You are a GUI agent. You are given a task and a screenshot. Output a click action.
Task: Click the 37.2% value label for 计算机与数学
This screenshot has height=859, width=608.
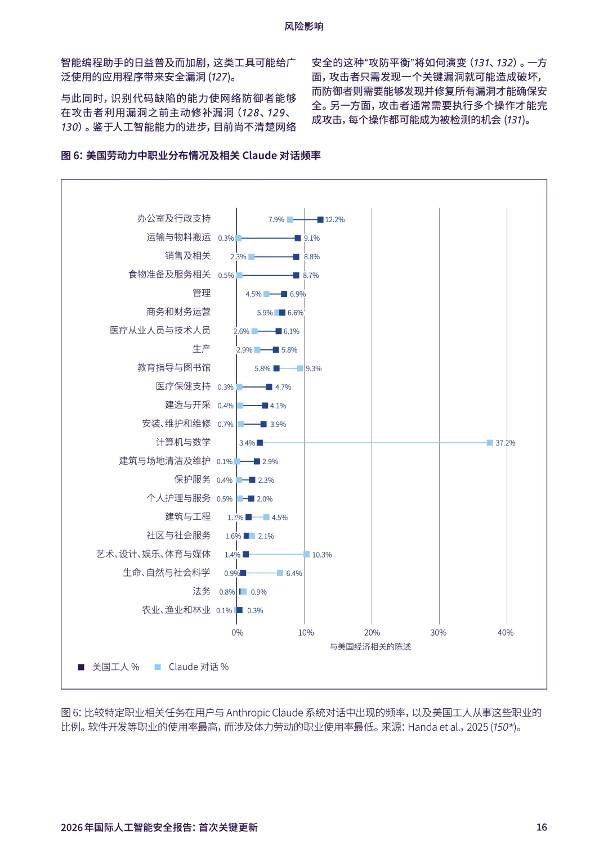click(505, 443)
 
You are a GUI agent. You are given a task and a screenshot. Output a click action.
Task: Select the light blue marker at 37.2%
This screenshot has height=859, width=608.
click(490, 443)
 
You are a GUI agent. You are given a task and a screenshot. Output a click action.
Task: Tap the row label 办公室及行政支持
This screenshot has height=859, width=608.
click(174, 218)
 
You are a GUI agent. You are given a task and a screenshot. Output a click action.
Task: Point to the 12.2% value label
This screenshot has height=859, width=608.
click(335, 219)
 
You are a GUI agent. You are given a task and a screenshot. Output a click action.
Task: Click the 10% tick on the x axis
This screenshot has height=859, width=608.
click(306, 632)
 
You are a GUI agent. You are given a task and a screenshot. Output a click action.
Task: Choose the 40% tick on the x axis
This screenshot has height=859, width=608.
click(506, 632)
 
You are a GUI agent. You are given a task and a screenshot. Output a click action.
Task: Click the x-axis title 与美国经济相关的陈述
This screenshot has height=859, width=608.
click(370, 646)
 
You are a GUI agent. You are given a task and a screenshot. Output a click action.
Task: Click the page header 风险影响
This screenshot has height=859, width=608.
click(304, 26)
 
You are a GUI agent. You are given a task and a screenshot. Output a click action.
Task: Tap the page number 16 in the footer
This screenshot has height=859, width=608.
click(542, 827)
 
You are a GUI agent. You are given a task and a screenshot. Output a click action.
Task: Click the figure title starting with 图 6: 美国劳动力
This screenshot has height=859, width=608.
click(191, 155)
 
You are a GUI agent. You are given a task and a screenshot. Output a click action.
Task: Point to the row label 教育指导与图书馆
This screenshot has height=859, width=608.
click(174, 367)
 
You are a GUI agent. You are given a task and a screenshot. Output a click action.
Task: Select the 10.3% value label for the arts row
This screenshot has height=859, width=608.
click(322, 555)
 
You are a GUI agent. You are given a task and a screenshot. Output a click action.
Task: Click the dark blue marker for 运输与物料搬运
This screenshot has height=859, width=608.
click(298, 238)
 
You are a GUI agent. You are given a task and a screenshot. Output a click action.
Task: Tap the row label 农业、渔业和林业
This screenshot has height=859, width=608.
click(176, 610)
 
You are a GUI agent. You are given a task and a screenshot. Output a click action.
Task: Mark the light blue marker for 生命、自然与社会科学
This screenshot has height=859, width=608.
click(280, 573)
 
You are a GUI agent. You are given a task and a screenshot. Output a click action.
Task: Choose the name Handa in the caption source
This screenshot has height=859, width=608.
click(422, 727)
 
